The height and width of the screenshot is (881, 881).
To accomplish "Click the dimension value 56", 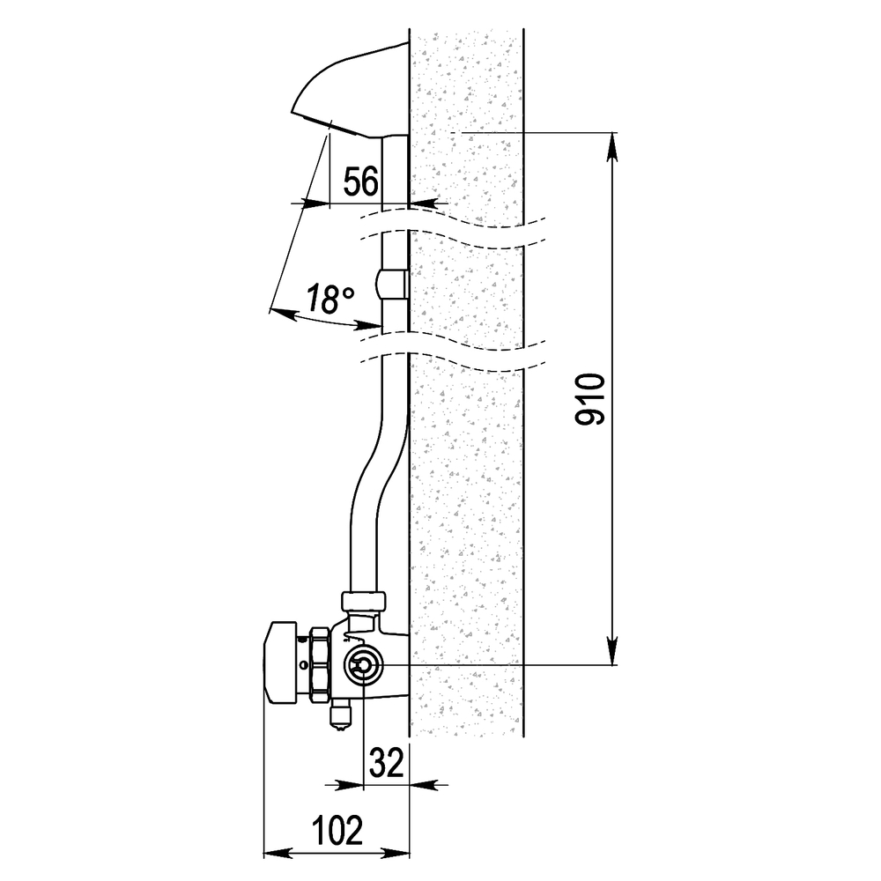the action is tap(361, 181).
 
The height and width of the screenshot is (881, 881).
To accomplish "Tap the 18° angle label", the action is tap(330, 299).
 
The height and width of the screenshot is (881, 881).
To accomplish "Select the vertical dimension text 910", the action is tap(590, 399).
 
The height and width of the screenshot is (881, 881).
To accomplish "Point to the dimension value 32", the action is tap(387, 763).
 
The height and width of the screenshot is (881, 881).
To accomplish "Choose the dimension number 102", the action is tap(337, 831).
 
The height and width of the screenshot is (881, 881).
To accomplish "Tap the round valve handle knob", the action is tap(280, 663).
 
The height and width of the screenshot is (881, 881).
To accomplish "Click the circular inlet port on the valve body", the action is tap(364, 665).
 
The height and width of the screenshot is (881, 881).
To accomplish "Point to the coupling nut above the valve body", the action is tap(364, 601).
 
